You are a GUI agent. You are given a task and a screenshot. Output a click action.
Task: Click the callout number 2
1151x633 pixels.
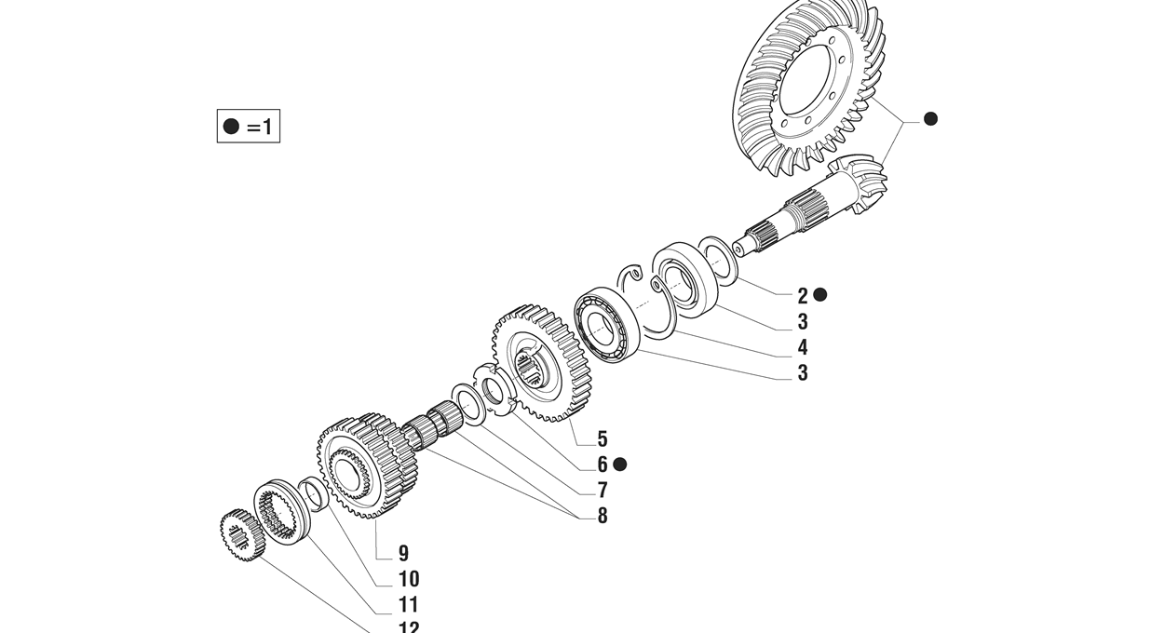point(802,296)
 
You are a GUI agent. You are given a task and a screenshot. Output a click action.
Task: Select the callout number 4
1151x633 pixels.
point(802,348)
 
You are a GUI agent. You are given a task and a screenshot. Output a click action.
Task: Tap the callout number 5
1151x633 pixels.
point(603,438)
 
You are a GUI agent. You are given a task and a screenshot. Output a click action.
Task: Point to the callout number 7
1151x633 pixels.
point(603,491)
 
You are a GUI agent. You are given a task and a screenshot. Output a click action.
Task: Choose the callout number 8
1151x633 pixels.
point(603,516)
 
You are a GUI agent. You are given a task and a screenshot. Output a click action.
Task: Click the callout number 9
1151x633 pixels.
point(403,554)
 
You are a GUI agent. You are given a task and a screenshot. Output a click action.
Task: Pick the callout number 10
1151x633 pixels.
point(408,579)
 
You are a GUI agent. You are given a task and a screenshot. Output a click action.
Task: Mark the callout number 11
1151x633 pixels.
point(408,605)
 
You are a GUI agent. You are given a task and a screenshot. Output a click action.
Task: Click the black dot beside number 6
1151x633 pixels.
point(620,464)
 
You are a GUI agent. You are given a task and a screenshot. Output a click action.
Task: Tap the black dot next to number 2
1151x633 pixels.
point(819,294)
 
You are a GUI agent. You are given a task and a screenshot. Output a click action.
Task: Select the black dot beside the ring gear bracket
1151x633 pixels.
point(929,118)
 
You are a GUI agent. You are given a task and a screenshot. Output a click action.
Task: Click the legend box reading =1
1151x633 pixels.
point(248,126)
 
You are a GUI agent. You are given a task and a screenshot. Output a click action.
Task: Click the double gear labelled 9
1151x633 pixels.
point(365,464)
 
